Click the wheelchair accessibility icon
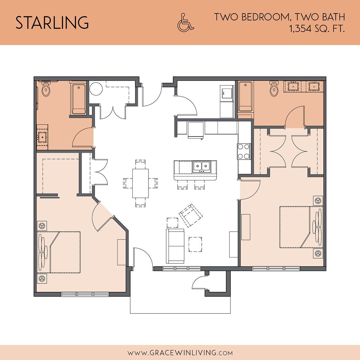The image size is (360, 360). click(185, 22)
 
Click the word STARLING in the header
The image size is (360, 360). click(52, 22)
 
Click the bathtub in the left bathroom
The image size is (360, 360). click(79, 99)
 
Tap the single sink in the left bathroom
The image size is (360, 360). click(42, 137)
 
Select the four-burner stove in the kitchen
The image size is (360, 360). click(244, 151)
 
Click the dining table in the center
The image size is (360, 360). click(140, 183)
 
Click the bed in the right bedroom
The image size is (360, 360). click(301, 227)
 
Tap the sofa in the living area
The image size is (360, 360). click(175, 246)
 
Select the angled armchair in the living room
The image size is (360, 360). click(191, 216)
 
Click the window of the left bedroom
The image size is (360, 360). click(85, 294)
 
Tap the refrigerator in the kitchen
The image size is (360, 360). click(195, 130)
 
